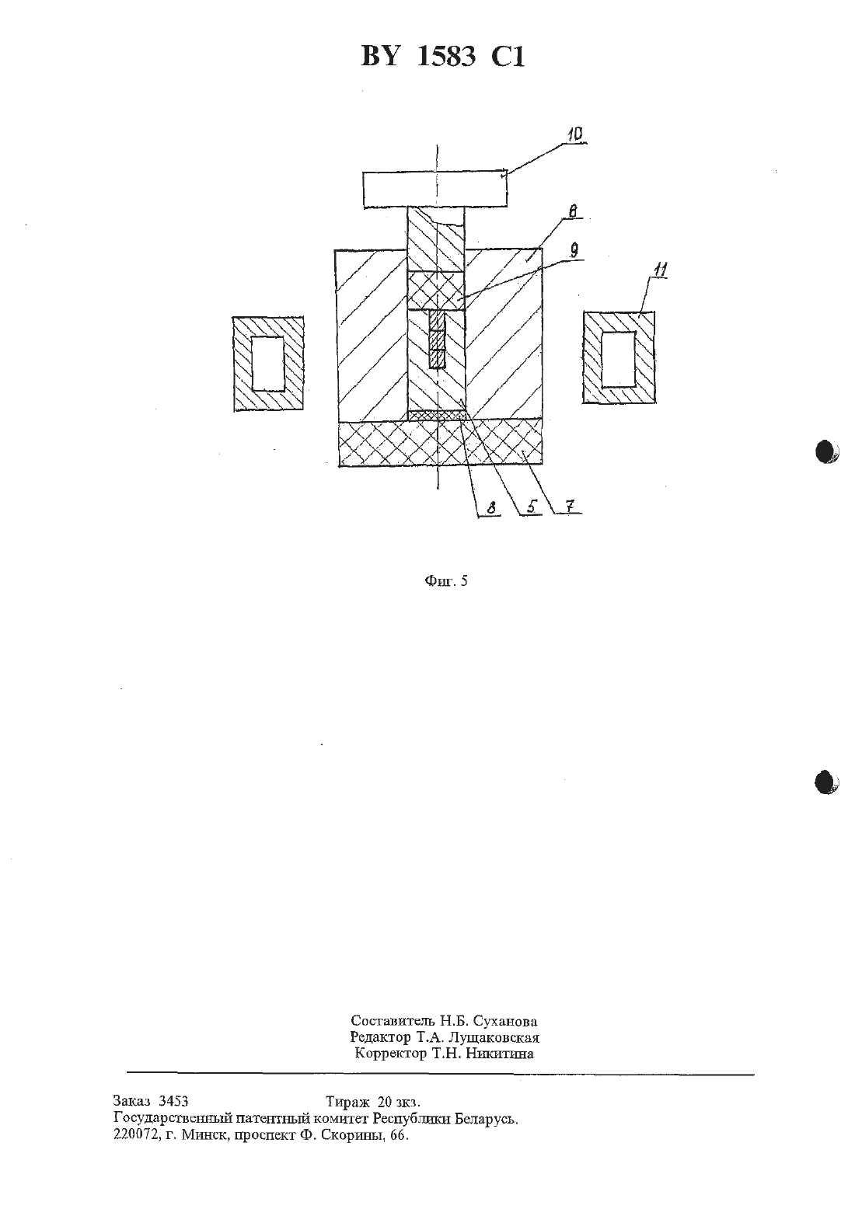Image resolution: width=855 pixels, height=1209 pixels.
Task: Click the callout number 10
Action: (x=575, y=134)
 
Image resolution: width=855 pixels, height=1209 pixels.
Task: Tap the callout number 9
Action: (x=574, y=250)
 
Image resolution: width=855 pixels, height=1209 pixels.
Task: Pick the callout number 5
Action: (x=532, y=507)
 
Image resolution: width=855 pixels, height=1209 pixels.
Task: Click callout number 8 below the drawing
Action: (x=490, y=508)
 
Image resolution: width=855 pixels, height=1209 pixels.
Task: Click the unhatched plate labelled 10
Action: (x=435, y=190)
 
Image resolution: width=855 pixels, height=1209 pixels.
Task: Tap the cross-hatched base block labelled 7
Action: (x=441, y=443)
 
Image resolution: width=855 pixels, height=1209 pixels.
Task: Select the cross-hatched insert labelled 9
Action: (x=436, y=291)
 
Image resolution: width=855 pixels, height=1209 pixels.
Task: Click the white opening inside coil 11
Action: (x=619, y=359)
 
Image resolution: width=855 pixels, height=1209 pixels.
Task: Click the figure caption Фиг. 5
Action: (x=446, y=580)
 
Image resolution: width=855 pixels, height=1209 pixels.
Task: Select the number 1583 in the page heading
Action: (x=447, y=56)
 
